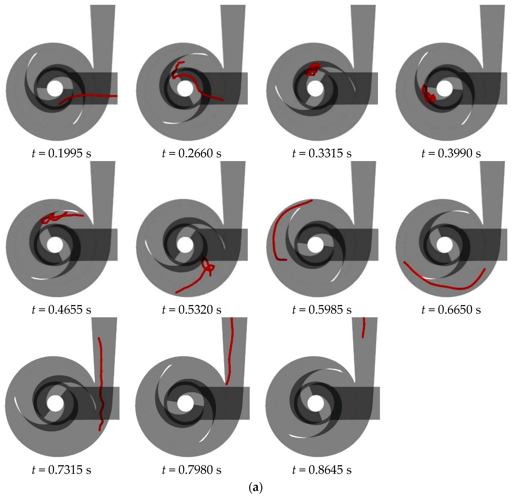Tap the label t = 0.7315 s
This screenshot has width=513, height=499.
62,470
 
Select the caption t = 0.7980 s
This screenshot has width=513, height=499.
192,470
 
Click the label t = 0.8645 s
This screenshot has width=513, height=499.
322,470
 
